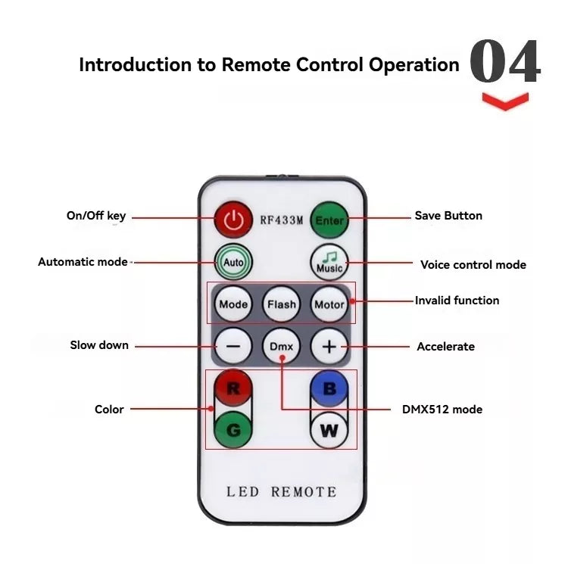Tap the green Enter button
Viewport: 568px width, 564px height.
pyautogui.click(x=329, y=220)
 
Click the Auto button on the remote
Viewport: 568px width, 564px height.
pyautogui.click(x=233, y=261)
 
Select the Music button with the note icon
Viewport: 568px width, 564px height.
pyautogui.click(x=329, y=262)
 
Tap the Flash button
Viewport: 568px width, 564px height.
pyautogui.click(x=281, y=304)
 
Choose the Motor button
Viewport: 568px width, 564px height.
pyautogui.click(x=329, y=304)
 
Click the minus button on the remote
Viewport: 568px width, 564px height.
pyautogui.click(x=233, y=347)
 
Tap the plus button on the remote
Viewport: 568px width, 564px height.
pyautogui.click(x=329, y=347)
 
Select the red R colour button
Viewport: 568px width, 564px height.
pyautogui.click(x=233, y=389)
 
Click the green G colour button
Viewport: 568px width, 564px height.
pyautogui.click(x=233, y=430)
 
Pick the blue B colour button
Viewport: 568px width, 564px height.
pyautogui.click(x=329, y=389)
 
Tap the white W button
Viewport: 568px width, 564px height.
pyautogui.click(x=329, y=431)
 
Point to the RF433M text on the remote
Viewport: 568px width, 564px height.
pyautogui.click(x=281, y=220)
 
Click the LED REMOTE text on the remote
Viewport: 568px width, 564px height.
pyautogui.click(x=281, y=492)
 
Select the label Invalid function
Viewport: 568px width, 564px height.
pyautogui.click(x=457, y=301)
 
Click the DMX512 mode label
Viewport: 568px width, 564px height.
pyautogui.click(x=442, y=410)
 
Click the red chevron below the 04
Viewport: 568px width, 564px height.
pyautogui.click(x=505, y=101)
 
